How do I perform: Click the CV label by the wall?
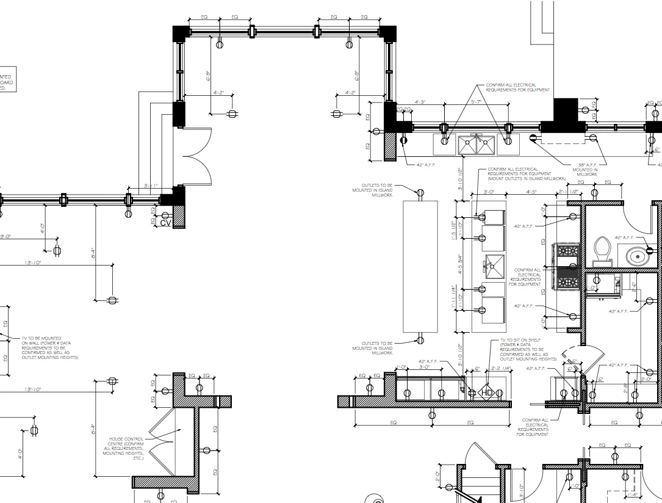[165, 223]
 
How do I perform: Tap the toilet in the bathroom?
[603, 250]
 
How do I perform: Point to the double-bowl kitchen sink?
[476, 146]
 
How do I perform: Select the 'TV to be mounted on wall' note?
[49, 347]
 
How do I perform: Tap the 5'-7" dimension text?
[477, 101]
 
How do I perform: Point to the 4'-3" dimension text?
[420, 102]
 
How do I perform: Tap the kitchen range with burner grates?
[566, 266]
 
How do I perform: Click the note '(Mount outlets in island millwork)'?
[527, 178]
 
